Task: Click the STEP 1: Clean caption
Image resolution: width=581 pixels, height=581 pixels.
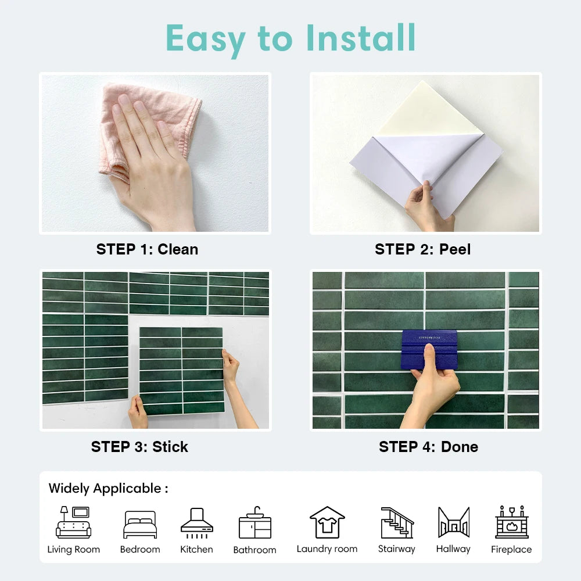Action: [x=147, y=249]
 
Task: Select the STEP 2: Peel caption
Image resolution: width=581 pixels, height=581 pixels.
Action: [x=422, y=249]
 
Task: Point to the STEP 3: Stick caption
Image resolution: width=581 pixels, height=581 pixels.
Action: [x=139, y=447]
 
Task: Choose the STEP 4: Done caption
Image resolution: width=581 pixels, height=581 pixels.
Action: [x=428, y=447]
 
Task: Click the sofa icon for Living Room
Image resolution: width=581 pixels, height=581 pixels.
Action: [x=73, y=522]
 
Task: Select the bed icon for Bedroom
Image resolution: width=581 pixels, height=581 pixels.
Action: [x=140, y=525]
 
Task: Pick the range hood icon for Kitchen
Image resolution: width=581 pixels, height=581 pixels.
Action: [x=196, y=521]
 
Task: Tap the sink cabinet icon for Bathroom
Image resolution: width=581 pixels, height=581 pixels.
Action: [x=254, y=523]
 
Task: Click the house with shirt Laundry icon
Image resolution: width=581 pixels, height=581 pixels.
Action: [x=327, y=522]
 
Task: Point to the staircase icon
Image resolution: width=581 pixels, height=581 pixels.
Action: [x=397, y=522]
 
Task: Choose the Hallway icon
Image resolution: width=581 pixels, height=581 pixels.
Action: [x=453, y=522]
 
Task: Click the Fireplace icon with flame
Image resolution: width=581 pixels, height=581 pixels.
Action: [x=511, y=522]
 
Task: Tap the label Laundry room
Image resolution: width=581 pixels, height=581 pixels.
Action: [x=327, y=549]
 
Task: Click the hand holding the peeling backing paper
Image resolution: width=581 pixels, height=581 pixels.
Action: [x=427, y=206]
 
